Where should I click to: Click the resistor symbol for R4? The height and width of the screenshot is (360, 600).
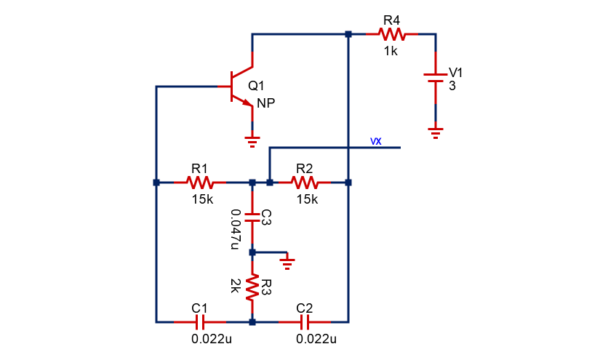coord(391,34)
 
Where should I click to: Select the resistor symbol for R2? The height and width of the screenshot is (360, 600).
coord(304,182)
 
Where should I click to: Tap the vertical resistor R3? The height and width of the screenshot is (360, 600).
coord(252,287)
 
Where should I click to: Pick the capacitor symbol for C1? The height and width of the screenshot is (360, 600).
coord(199,321)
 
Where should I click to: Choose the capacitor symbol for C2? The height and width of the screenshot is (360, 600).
coord(304,321)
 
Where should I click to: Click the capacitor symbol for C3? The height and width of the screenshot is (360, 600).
coord(252,217)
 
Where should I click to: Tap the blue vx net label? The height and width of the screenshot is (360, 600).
coord(376,141)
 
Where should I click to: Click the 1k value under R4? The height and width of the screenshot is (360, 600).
coord(391,51)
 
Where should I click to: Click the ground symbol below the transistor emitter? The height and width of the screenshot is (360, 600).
coord(252,140)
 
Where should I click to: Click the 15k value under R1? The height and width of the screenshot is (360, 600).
coord(201,199)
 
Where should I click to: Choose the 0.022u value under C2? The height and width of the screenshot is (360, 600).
coord(316,339)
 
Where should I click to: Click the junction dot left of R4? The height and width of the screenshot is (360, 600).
coord(348,34)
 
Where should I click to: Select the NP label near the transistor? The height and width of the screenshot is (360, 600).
coord(265,104)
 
